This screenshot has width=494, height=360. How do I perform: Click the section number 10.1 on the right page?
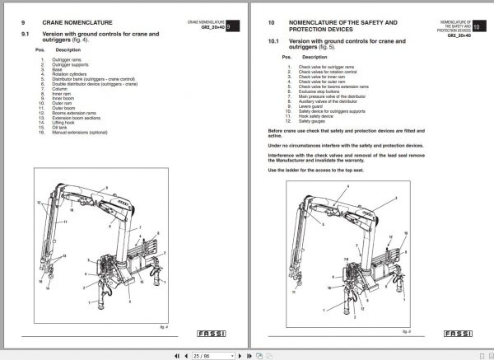click(x=274, y=40)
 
